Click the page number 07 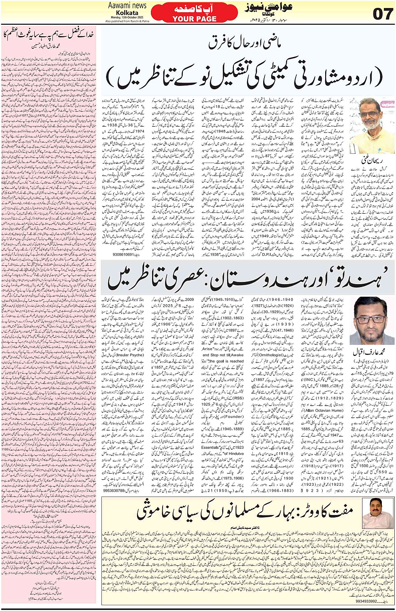[382, 13]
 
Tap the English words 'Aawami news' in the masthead [127, 5]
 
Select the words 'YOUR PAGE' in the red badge [194, 19]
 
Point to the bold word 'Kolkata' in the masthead [127, 13]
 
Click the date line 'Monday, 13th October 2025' [127, 17]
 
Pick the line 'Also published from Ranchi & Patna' [127, 21]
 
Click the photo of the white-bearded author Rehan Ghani [372, 126]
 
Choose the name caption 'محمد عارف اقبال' [368, 351]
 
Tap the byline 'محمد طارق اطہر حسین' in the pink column [49, 46]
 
